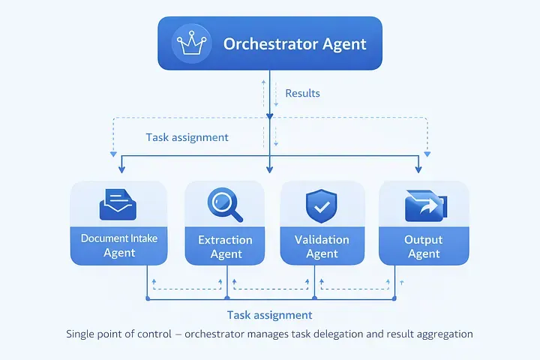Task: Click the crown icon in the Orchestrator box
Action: [x=190, y=43]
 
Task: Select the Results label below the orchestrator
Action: [x=302, y=94]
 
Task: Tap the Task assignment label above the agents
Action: [x=187, y=138]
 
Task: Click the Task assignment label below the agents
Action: [x=269, y=315]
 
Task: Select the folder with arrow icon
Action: [x=424, y=205]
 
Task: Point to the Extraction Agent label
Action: [x=226, y=247]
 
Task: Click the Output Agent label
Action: [x=424, y=247]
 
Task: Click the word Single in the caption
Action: [x=81, y=334]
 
